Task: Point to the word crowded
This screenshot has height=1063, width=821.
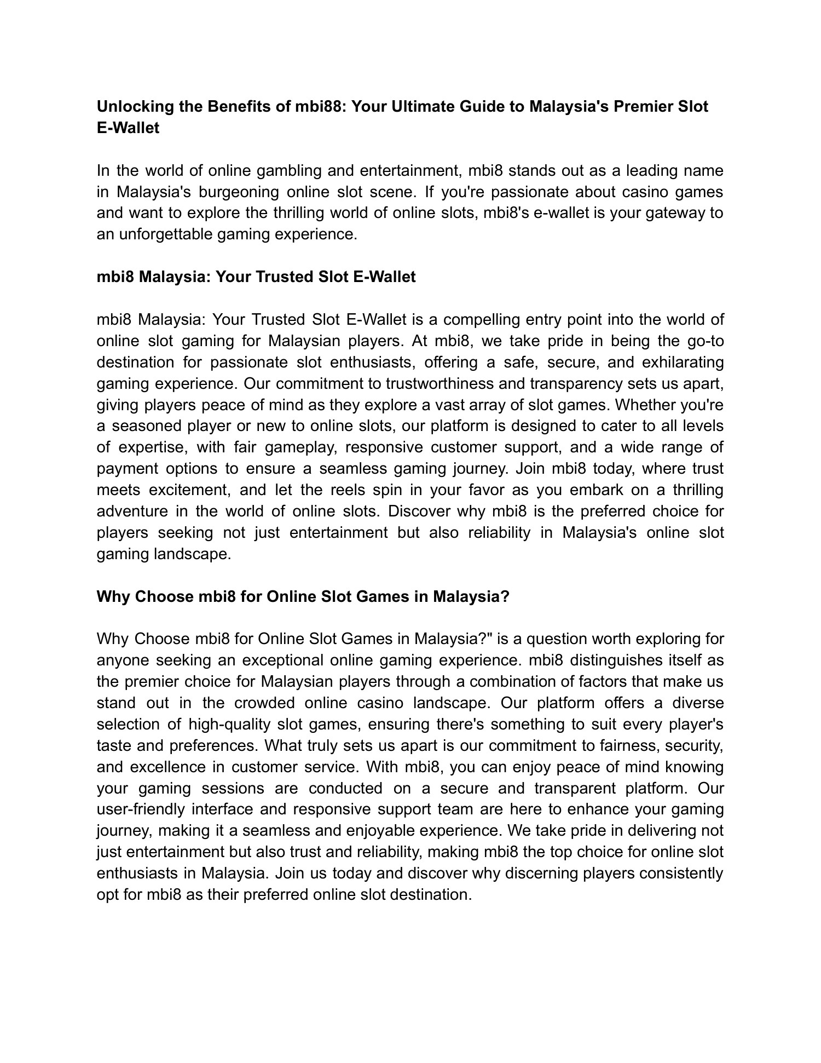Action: (x=265, y=703)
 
